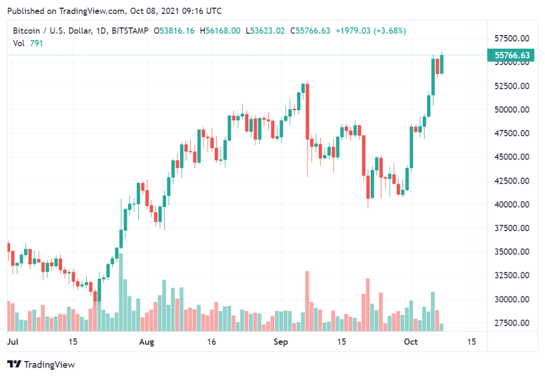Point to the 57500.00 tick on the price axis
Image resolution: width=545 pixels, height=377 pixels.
tap(511, 38)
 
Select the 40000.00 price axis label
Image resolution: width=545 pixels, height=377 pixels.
tap(511, 205)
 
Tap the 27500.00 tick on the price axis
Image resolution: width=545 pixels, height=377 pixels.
tap(511, 323)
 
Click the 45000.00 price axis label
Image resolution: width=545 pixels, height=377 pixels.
tap(511, 157)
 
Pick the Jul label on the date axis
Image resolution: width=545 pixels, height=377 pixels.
tap(13, 342)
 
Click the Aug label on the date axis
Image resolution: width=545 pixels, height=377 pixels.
tap(146, 342)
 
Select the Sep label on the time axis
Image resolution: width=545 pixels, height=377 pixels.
tap(281, 342)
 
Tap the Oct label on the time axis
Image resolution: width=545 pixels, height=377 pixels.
tap(412, 342)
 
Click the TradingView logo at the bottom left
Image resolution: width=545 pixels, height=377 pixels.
tap(41, 364)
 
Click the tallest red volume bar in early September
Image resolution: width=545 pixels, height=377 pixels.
tap(307, 301)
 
